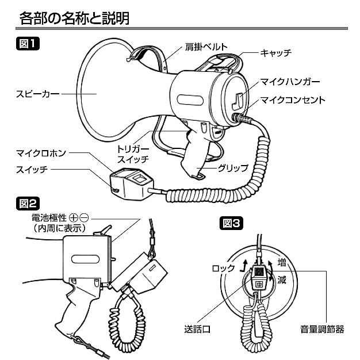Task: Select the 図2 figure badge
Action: [x=27, y=202]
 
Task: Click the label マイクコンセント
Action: [x=293, y=99]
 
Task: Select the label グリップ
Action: [x=232, y=168]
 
